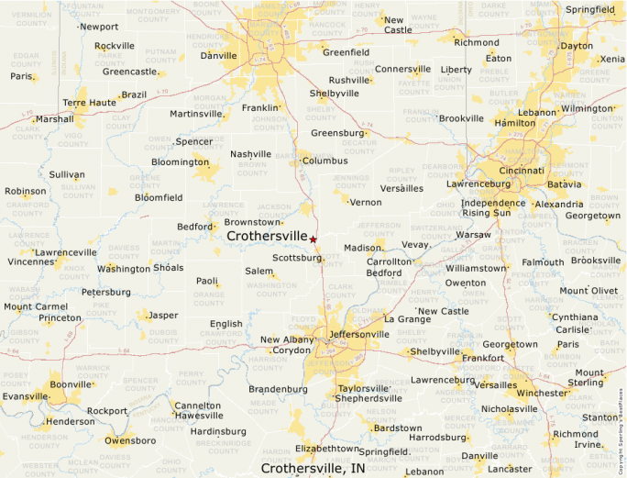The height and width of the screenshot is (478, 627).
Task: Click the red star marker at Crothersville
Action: click(x=313, y=239)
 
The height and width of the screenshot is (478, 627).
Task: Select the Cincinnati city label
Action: click(x=522, y=171)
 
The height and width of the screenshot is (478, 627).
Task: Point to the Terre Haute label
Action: click(x=89, y=103)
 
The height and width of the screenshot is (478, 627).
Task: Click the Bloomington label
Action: click(x=180, y=162)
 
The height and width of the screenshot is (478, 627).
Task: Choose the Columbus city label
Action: click(x=324, y=161)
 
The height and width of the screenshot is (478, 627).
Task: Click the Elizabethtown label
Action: click(x=327, y=449)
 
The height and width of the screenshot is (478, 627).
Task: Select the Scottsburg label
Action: click(x=297, y=258)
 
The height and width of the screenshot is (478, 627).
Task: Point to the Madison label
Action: click(x=361, y=248)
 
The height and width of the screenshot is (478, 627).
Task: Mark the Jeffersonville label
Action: click(x=358, y=334)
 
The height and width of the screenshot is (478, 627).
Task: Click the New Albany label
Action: click(x=284, y=339)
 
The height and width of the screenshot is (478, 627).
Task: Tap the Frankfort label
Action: click(x=482, y=358)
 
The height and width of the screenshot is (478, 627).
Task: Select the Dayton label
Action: click(x=576, y=46)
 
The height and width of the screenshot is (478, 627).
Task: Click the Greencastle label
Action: click(x=129, y=71)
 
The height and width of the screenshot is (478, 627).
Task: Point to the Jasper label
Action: click(x=162, y=316)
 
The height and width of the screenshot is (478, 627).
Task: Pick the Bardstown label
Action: click(x=397, y=428)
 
